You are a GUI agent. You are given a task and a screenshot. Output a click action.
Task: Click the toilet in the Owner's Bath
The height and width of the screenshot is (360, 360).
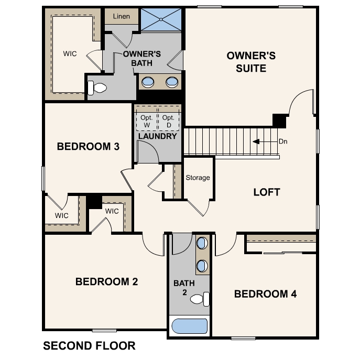[x=97, y=88]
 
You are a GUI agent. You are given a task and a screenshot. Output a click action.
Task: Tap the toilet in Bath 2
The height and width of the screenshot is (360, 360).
[x=200, y=299]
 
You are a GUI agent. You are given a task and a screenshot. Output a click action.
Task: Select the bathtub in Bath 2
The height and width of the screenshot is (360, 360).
[x=189, y=326]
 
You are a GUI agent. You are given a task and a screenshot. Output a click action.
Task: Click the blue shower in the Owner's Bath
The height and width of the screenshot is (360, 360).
[x=161, y=19]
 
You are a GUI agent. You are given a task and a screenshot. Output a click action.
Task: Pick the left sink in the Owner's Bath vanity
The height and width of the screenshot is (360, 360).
[x=148, y=82]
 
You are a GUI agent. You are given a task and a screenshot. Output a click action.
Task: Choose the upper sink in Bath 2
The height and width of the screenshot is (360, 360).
[x=202, y=243]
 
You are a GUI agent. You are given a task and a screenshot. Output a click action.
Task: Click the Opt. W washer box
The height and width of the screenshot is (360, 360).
[x=147, y=121]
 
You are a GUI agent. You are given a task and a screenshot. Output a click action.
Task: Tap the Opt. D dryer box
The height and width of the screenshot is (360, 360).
[x=169, y=121]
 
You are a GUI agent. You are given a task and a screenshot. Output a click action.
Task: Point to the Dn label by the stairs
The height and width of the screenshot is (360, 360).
[x=283, y=141]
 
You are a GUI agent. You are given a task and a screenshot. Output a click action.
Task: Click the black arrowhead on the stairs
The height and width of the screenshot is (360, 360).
[x=256, y=141]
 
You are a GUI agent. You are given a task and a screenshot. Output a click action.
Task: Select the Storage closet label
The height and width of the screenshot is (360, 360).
[x=198, y=178]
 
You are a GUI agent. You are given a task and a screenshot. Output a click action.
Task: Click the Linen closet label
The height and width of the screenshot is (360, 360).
[x=122, y=16]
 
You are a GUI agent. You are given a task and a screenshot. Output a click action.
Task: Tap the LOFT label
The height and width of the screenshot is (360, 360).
[x=267, y=192]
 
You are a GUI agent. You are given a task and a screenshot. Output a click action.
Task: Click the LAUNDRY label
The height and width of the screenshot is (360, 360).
[x=158, y=136]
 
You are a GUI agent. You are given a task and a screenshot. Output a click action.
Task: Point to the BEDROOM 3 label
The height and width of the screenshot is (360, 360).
[x=88, y=147]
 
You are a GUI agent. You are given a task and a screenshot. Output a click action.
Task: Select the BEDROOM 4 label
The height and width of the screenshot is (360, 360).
[x=265, y=294]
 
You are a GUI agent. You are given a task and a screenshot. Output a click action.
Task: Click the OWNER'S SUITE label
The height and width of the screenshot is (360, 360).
[x=251, y=62]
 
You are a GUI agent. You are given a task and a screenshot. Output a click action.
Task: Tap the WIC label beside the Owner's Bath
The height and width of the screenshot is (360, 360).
[x=70, y=54]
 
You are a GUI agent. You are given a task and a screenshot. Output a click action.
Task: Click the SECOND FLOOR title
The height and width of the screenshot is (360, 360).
[x=89, y=346]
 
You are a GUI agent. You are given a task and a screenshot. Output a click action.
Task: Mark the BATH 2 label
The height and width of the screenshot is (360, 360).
[x=184, y=288]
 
